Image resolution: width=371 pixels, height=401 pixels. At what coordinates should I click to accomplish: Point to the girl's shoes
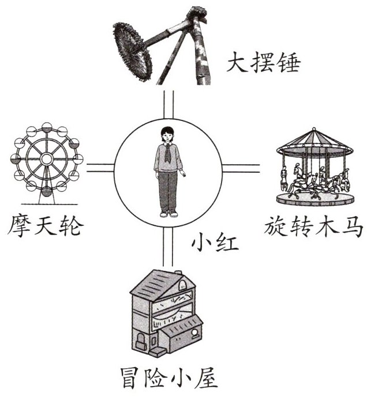[168, 213]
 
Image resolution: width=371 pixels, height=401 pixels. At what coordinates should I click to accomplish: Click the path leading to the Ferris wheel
[100, 168]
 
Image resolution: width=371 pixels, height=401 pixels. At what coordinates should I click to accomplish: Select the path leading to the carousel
[241, 168]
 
